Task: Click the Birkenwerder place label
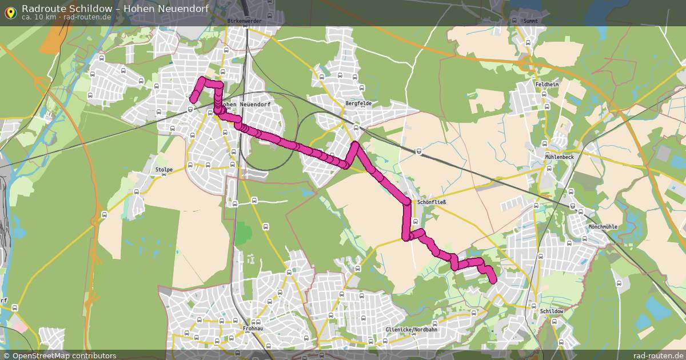(x=244, y=21)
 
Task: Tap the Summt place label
(x=531, y=21)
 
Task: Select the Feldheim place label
(x=547, y=84)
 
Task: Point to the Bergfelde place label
(x=358, y=103)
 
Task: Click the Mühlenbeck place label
(x=559, y=156)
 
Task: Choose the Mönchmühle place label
(x=603, y=227)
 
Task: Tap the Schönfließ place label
(x=431, y=202)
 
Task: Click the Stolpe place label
(x=163, y=170)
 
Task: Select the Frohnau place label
(x=253, y=329)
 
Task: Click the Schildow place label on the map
(x=552, y=311)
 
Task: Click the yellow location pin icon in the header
(x=10, y=12)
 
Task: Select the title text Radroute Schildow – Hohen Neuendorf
(x=115, y=8)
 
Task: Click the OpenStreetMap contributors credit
(x=64, y=355)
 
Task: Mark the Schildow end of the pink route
(x=494, y=280)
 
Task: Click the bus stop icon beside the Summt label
(x=514, y=21)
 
